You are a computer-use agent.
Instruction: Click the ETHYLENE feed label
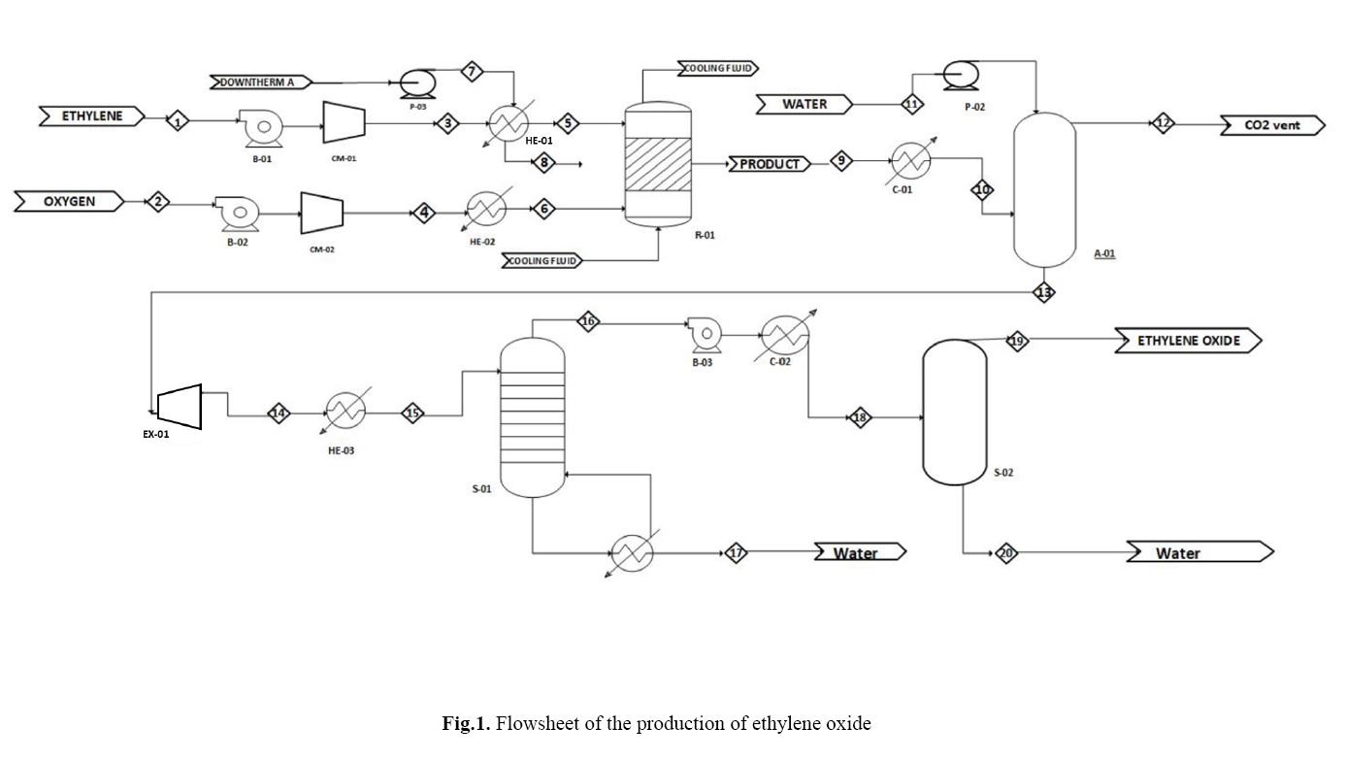[x=93, y=116]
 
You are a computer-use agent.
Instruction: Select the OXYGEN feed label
[x=69, y=202]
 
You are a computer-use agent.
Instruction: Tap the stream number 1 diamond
[x=178, y=121]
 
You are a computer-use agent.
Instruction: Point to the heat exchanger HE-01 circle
[x=506, y=123]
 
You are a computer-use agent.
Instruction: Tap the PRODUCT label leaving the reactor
[x=770, y=164]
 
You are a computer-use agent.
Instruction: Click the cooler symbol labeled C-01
[x=909, y=159]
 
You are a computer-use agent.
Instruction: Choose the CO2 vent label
[x=1272, y=125]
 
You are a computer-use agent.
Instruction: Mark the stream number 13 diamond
[x=1044, y=291]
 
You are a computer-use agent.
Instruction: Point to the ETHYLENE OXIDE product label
[x=1189, y=341]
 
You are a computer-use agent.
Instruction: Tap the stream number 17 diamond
[x=736, y=553]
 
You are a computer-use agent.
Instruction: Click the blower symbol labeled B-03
[x=704, y=334]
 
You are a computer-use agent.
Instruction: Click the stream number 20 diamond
[x=1006, y=553]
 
